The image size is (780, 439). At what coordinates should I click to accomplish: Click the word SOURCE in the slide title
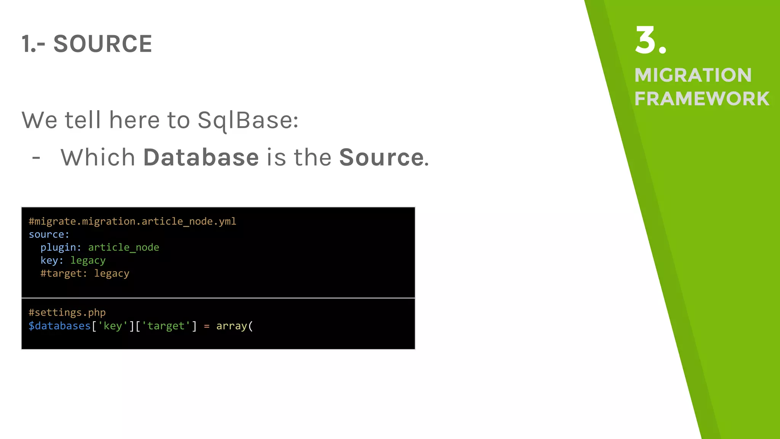coord(102,44)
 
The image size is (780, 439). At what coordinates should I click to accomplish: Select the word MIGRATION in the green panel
coord(693,75)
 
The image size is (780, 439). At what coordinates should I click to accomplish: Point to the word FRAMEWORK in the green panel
coord(702,99)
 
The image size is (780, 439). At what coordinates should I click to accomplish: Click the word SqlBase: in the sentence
coord(248,120)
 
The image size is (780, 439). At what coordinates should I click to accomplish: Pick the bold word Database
coord(201,157)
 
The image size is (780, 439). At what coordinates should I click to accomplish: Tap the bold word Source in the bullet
coord(381,157)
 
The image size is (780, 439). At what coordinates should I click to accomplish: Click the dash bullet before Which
coord(36,157)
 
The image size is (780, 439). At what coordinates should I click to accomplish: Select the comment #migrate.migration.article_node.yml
coord(132,221)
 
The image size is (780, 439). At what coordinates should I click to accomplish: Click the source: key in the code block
coord(49,234)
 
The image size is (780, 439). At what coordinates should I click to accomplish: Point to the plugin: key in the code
coord(61,247)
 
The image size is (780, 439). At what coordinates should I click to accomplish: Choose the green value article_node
coord(123,247)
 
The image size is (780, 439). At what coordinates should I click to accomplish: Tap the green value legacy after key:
coord(88,261)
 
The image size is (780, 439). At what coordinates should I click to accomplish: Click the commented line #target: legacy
coord(85,274)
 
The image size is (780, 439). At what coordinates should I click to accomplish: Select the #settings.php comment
coord(67,312)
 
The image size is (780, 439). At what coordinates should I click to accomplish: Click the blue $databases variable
coord(59,326)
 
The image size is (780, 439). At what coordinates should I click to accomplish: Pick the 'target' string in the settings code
coord(166,326)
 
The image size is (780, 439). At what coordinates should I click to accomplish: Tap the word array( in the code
coord(234,326)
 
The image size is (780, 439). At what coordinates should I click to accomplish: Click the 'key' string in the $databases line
coord(113,326)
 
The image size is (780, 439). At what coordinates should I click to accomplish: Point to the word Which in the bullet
coord(98,157)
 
